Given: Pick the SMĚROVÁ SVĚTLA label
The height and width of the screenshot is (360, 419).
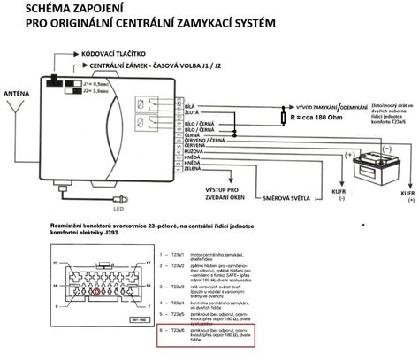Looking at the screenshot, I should pyautogui.click(x=282, y=188).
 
